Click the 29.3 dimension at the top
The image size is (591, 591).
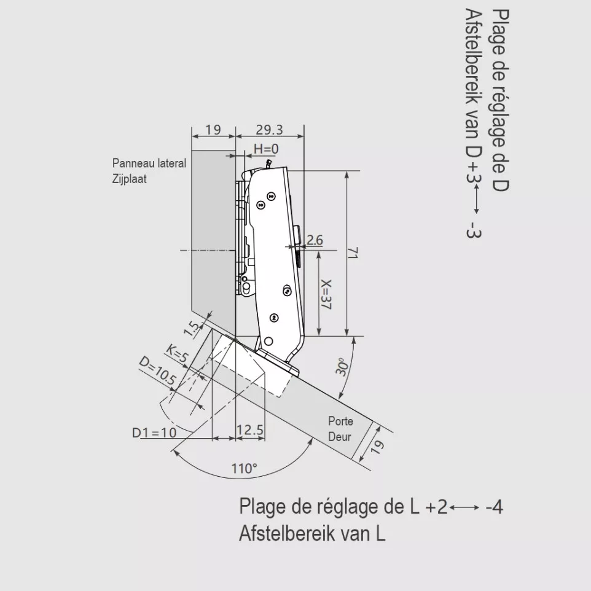[x=269, y=130]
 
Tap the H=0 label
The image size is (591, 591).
[x=266, y=149]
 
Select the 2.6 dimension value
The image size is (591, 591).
[x=315, y=240]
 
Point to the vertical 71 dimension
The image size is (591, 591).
[x=353, y=253]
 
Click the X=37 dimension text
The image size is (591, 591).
[x=326, y=295]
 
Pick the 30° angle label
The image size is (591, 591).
[x=343, y=366]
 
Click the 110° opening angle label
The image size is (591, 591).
[x=245, y=469]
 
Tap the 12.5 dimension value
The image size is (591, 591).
[x=250, y=429]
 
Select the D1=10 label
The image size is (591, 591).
[x=154, y=432]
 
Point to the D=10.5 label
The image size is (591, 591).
[x=157, y=371]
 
